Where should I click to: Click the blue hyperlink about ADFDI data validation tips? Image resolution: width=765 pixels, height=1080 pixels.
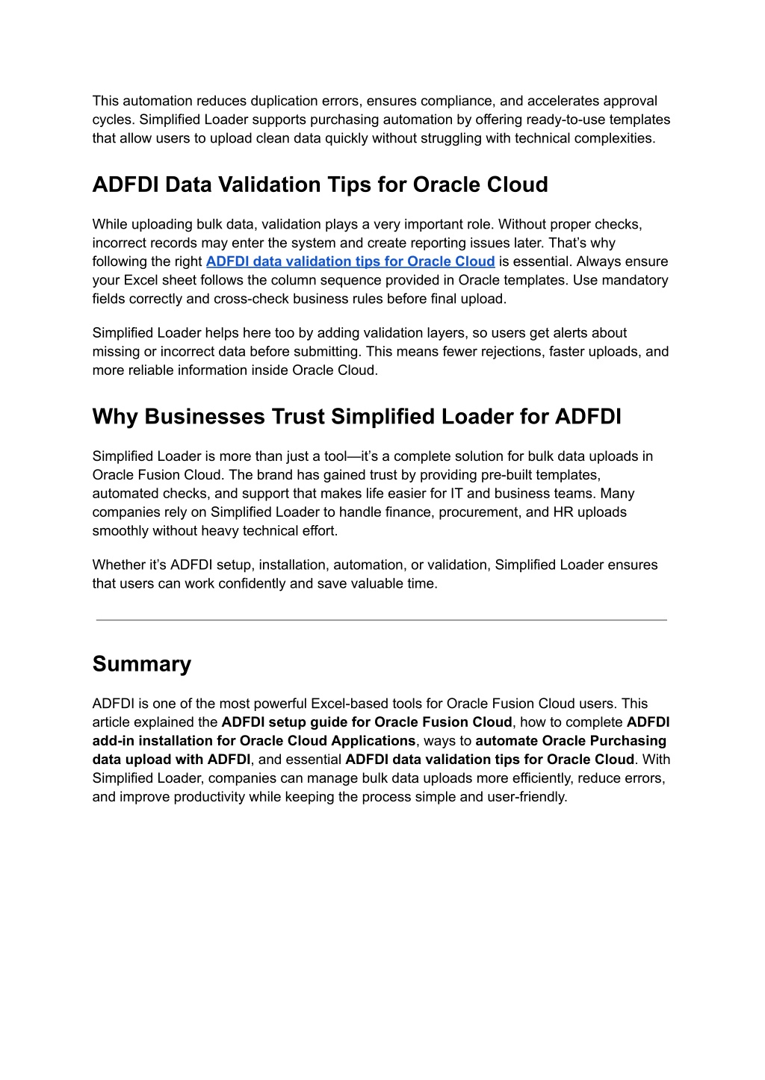click(x=350, y=261)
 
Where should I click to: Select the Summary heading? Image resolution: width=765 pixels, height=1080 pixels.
click(x=142, y=664)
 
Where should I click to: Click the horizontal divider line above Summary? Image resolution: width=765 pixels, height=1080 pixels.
click(x=381, y=620)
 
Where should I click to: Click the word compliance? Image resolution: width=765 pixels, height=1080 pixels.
click(x=446, y=101)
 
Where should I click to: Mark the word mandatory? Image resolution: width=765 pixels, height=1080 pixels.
click(x=634, y=280)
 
